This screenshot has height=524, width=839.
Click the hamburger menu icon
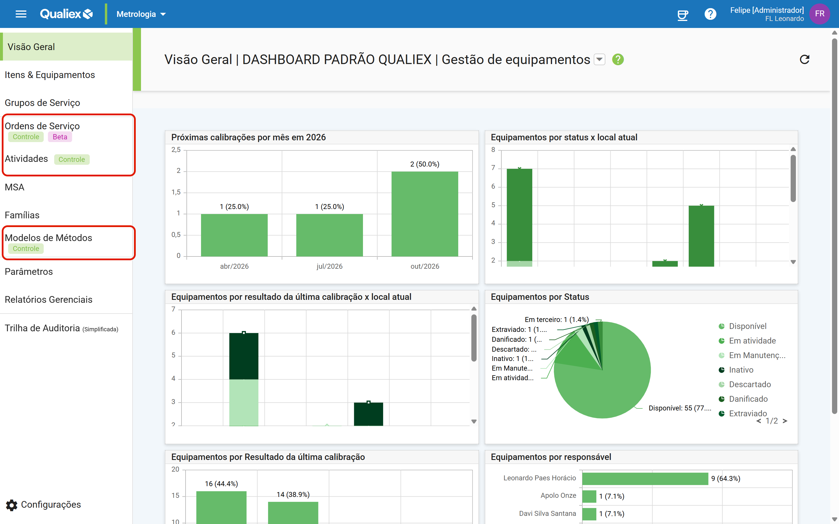pyautogui.click(x=21, y=14)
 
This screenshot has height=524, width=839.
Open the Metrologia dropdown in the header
pyautogui.click(x=141, y=14)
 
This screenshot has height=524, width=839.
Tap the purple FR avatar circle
pyautogui.click(x=819, y=14)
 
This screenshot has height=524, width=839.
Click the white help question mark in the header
pyautogui.click(x=710, y=14)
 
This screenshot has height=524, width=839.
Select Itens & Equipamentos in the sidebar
pyautogui.click(x=50, y=75)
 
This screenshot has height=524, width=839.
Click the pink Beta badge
pyautogui.click(x=60, y=137)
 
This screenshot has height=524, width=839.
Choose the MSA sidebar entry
pyautogui.click(x=15, y=187)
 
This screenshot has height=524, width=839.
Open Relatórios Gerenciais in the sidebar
pyautogui.click(x=49, y=300)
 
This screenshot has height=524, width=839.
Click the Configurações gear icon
pyautogui.click(x=11, y=505)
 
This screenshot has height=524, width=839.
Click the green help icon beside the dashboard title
pyautogui.click(x=618, y=60)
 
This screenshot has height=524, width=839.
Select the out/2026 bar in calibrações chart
pyautogui.click(x=425, y=214)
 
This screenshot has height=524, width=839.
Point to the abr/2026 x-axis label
pyautogui.click(x=234, y=266)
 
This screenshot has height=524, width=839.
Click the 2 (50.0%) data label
pyautogui.click(x=425, y=164)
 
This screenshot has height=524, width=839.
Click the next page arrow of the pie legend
pyautogui.click(x=785, y=421)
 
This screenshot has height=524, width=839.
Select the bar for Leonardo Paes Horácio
pyautogui.click(x=645, y=479)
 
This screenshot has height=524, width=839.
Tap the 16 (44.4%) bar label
pyautogui.click(x=221, y=484)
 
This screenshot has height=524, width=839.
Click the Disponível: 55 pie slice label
pyautogui.click(x=680, y=408)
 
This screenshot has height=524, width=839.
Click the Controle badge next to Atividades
pyautogui.click(x=72, y=160)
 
